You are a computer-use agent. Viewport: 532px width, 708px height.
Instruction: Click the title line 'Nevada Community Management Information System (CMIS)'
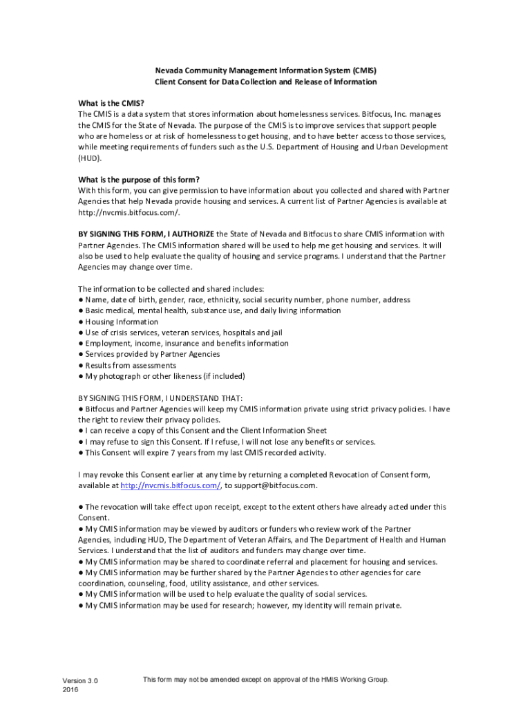[266, 71]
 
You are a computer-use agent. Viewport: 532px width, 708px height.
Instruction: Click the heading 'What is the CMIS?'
[111, 103]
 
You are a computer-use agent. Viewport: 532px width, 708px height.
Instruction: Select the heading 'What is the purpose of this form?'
[139, 179]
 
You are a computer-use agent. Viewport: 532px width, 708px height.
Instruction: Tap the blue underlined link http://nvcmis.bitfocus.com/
[171, 485]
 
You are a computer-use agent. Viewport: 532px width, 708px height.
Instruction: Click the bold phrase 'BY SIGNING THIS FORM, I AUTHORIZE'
[146, 234]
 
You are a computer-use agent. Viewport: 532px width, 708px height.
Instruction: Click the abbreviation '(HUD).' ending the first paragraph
[90, 158]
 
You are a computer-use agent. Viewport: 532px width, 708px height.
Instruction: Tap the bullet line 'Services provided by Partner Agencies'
[152, 354]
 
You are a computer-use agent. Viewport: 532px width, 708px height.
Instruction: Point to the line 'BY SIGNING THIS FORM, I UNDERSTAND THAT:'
[160, 398]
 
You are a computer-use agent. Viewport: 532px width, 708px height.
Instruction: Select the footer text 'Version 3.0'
[80, 681]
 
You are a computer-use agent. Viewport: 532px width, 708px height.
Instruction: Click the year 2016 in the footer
[70, 690]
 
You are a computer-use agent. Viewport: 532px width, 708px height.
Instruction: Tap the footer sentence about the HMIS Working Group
[266, 680]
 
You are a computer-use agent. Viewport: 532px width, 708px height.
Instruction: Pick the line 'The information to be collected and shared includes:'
[171, 289]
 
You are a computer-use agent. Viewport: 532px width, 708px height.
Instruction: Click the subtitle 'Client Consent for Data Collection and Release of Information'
[266, 82]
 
